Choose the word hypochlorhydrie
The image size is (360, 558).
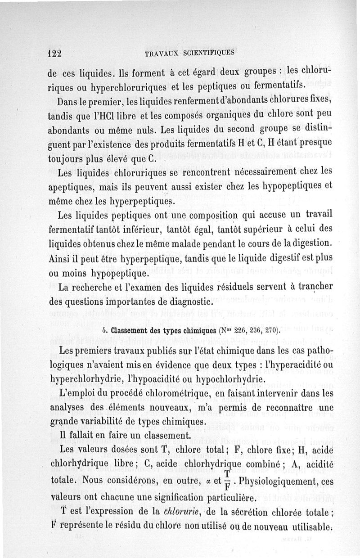[x=231, y=379]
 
